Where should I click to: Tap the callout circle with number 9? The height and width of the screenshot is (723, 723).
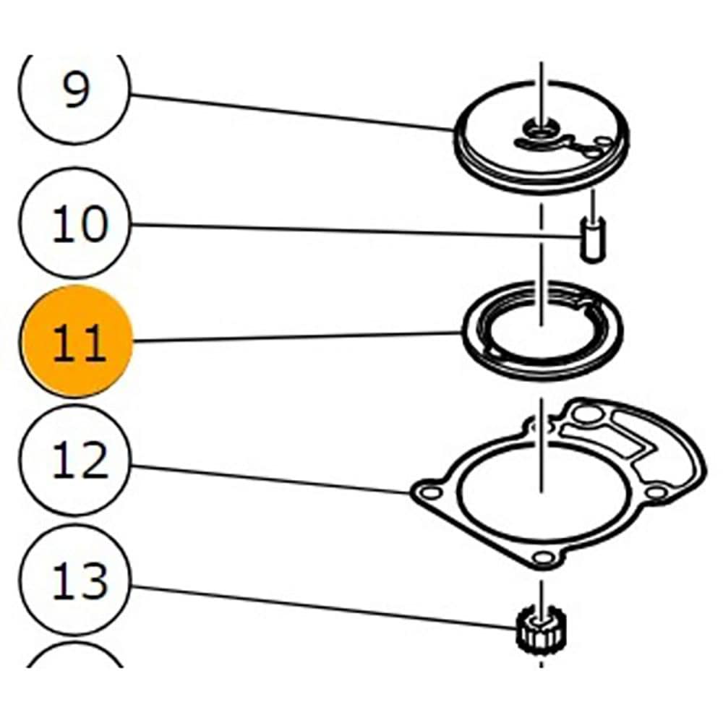coord(75,90)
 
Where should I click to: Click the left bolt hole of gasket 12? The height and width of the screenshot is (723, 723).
coord(432,494)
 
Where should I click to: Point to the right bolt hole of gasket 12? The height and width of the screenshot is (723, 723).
coord(655,492)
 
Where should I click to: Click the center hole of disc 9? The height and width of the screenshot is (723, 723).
coord(539,130)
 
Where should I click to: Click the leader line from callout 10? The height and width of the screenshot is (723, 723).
coord(354,231)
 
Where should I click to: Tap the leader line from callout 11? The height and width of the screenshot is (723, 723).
coord(296,337)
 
